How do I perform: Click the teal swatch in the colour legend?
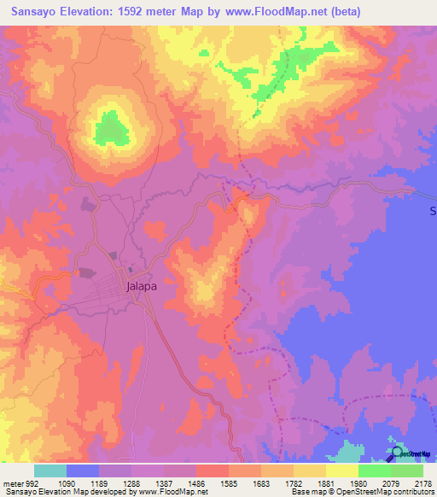coord(50,471)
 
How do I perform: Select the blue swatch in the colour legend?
coord(83,471)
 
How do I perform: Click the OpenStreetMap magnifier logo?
coord(396,453)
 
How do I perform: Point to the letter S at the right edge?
coord(432,210)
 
